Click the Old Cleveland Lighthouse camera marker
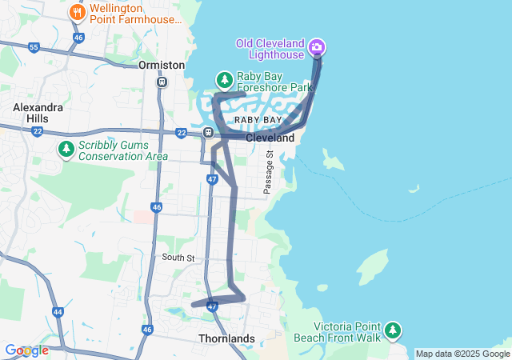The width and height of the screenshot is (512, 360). pyautogui.click(x=317, y=47)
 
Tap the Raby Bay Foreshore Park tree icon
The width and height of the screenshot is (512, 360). pyautogui.click(x=225, y=79)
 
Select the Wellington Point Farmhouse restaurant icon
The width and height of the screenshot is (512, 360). pyautogui.click(x=78, y=12)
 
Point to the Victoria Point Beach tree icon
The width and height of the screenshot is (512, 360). pyautogui.click(x=392, y=330)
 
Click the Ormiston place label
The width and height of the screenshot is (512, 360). pyautogui.click(x=162, y=65)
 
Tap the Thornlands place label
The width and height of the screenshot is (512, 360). pyautogui.click(x=226, y=338)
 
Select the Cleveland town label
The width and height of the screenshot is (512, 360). pyautogui.click(x=270, y=138)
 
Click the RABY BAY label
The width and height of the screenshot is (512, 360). pyautogui.click(x=258, y=120)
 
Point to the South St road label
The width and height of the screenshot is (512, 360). pyautogui.click(x=178, y=258)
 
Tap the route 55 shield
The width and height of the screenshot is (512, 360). pyautogui.click(x=34, y=48)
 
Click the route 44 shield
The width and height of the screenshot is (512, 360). pyautogui.click(x=58, y=312)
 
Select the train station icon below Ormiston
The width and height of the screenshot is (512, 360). pyautogui.click(x=162, y=81)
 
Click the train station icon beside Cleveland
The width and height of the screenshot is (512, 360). pyautogui.click(x=208, y=133)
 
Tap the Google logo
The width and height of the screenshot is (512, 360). pyautogui.click(x=26, y=350)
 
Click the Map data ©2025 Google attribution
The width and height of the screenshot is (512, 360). pyautogui.click(x=462, y=354)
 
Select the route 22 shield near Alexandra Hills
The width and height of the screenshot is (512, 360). pyautogui.click(x=38, y=131)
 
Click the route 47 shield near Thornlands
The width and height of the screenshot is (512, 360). pyautogui.click(x=212, y=306)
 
